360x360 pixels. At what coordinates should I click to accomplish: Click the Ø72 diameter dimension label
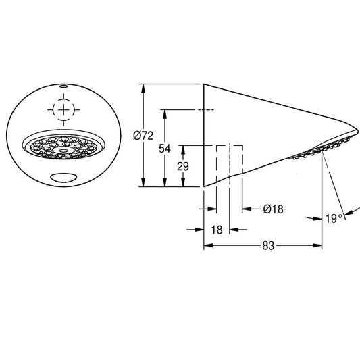pyautogui.click(x=143, y=136)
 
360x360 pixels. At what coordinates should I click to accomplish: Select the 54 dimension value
pyautogui.click(x=165, y=149)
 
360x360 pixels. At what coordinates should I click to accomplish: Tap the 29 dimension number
pyautogui.click(x=183, y=166)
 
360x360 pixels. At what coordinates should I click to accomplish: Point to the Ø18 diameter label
pyautogui.click(x=273, y=209)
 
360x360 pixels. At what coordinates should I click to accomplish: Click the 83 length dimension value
pyautogui.click(x=268, y=246)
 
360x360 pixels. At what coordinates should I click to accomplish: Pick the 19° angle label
pyautogui.click(x=334, y=218)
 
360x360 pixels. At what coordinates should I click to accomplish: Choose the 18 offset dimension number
pyautogui.click(x=217, y=230)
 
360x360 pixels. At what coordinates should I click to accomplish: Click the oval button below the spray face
pyautogui.click(x=63, y=178)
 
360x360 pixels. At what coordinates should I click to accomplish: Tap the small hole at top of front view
pyautogui.click(x=63, y=86)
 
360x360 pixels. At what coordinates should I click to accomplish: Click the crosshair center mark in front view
pyautogui.click(x=63, y=110)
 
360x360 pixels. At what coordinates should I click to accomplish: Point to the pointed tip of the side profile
pyautogui.click(x=358, y=131)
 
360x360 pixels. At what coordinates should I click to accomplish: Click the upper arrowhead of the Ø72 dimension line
pyautogui.click(x=143, y=88)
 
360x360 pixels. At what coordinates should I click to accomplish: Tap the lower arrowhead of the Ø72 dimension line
pyautogui.click(x=143, y=182)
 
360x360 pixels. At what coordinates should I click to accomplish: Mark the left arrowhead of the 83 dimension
pyautogui.click(x=208, y=245)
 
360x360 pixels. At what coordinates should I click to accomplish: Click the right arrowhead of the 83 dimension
pyautogui.click(x=317, y=245)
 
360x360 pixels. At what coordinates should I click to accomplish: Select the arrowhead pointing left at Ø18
pyautogui.click(x=247, y=209)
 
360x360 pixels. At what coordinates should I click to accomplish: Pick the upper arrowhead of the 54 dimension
pyautogui.click(x=164, y=114)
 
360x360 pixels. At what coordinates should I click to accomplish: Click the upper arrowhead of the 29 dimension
pyautogui.click(x=183, y=150)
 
